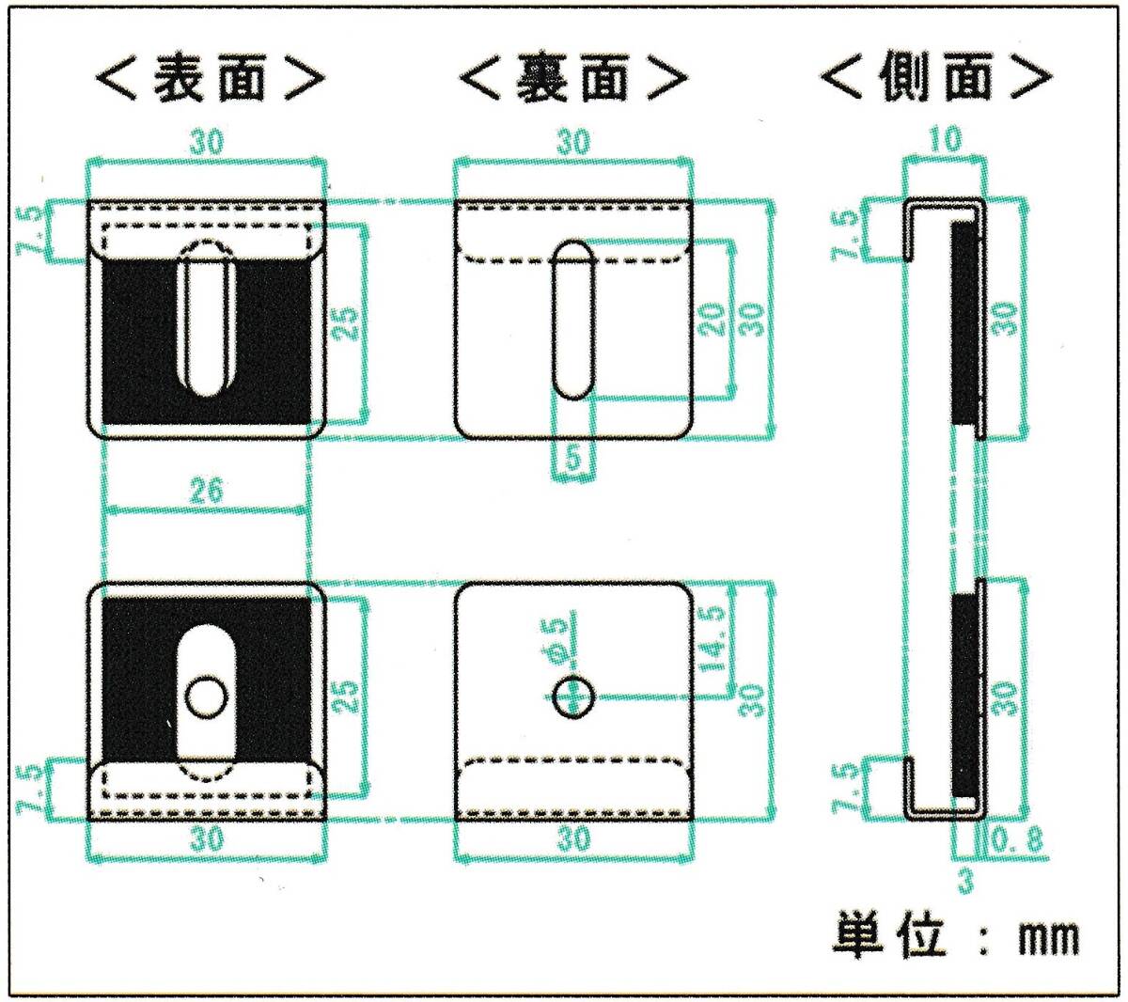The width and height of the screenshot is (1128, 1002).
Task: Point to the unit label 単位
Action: tap(889, 936)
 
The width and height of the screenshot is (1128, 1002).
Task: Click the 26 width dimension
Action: tap(205, 491)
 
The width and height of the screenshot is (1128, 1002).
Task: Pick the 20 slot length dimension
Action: tap(713, 318)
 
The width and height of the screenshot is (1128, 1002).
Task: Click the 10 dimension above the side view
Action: tap(946, 141)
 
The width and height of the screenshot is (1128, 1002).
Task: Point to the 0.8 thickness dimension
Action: tap(1017, 840)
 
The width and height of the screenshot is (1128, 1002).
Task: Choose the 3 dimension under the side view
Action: tap(966, 881)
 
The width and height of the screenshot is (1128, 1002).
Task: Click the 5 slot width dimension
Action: tap(572, 460)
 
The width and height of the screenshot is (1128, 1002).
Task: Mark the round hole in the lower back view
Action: tap(573, 697)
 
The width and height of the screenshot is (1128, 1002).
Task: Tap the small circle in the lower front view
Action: tap(206, 697)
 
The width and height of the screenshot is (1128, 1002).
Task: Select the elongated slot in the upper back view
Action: tap(573, 320)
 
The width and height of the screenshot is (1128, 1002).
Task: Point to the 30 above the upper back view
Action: tap(573, 143)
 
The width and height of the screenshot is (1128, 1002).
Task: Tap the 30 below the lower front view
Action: tap(207, 838)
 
